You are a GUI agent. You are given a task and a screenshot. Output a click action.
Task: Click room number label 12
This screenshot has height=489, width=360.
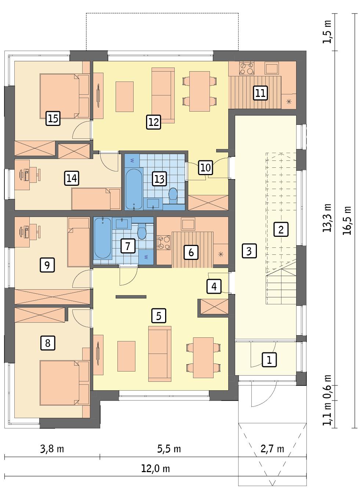coord(153,122)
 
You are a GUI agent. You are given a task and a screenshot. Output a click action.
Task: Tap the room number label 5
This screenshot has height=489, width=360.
coord(159,315)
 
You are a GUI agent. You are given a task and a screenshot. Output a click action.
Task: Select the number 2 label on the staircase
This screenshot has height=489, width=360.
coord(281,230)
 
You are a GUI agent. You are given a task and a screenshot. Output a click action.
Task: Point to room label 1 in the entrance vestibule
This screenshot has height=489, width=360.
coord(269,359)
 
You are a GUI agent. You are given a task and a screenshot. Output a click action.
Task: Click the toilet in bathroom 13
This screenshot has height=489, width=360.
coord(172,195)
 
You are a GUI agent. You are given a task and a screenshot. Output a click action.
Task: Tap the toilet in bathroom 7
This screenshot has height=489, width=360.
coord(141,232)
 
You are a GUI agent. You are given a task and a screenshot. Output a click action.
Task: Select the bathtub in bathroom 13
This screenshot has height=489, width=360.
coord(134,189)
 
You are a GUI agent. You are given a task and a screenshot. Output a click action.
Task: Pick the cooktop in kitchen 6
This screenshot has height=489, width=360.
coord(164,243)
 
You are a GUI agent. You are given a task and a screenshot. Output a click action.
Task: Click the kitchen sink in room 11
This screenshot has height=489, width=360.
coord(272,68)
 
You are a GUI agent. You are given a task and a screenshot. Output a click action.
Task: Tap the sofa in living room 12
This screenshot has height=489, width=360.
coord(163,95)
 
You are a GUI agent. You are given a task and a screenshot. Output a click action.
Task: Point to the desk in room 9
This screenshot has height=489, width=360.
coord(27,231)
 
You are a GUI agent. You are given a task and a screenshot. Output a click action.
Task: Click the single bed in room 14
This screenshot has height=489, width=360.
coord(95,199)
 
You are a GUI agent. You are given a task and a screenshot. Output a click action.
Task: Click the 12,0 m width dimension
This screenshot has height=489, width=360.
coord(156,469)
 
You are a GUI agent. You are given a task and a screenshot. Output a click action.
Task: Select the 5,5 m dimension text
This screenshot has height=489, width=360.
coord(169,449)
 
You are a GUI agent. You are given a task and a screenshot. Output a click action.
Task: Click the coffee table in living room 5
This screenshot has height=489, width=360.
coord(126,356)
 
